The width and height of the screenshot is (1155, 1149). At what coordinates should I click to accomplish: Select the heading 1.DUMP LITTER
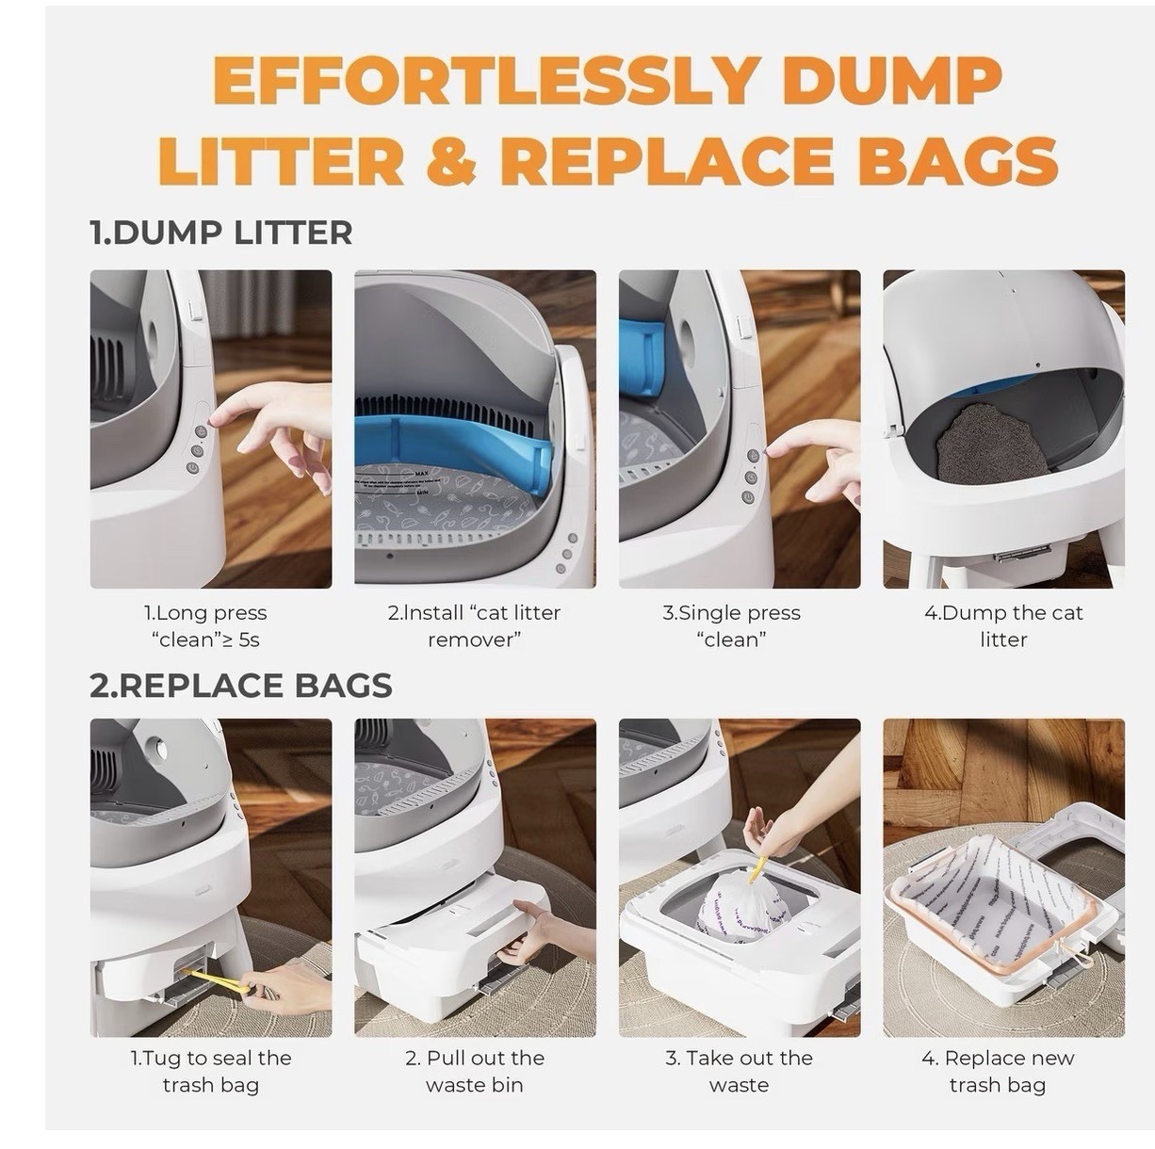coord(221,233)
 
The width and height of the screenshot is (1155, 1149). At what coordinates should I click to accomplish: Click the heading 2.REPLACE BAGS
coord(241,686)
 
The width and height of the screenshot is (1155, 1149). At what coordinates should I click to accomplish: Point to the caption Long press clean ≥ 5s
coord(205,626)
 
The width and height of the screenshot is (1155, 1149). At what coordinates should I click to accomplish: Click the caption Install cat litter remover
coord(474,626)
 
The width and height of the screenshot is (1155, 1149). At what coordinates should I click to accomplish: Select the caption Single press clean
coord(731,626)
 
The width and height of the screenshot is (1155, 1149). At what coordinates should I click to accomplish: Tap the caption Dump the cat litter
coord(1003,626)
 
